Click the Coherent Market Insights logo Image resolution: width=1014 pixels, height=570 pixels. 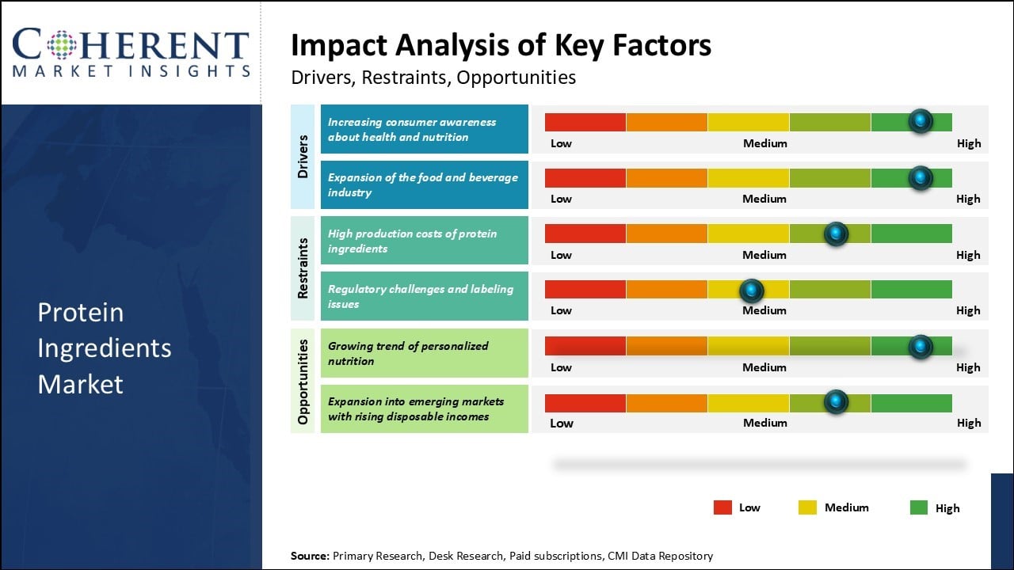tap(131, 52)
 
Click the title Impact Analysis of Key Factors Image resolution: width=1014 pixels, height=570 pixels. tap(501, 45)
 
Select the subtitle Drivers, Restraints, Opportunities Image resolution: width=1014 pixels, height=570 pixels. tap(433, 78)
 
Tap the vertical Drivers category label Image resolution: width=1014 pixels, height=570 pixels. tap(303, 156)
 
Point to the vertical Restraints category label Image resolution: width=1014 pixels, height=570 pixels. tap(303, 268)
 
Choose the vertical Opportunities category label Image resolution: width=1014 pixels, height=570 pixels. tap(303, 380)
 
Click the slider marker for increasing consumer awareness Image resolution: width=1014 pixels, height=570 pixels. tap(920, 121)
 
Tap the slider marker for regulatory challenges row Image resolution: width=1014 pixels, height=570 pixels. tap(751, 290)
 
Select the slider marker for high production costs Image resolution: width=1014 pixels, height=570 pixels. tap(836, 234)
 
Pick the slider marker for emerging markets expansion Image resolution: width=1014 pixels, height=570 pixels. tap(836, 402)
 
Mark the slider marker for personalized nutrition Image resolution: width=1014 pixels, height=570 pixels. tap(920, 346)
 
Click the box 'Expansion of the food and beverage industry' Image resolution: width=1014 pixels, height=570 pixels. tap(424, 184)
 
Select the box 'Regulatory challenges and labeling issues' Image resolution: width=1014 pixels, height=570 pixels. tap(424, 296)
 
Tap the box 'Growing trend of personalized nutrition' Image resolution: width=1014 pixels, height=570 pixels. tap(424, 353)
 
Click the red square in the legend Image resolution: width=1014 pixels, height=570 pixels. tap(722, 507)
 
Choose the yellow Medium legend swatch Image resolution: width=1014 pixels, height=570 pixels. tap(807, 507)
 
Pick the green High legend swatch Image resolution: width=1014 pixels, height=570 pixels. tap(919, 507)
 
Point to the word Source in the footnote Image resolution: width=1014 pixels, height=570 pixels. tap(309, 556)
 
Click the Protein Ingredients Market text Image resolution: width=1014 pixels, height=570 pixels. tap(104, 348)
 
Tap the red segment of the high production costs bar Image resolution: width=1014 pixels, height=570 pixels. tap(585, 234)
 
